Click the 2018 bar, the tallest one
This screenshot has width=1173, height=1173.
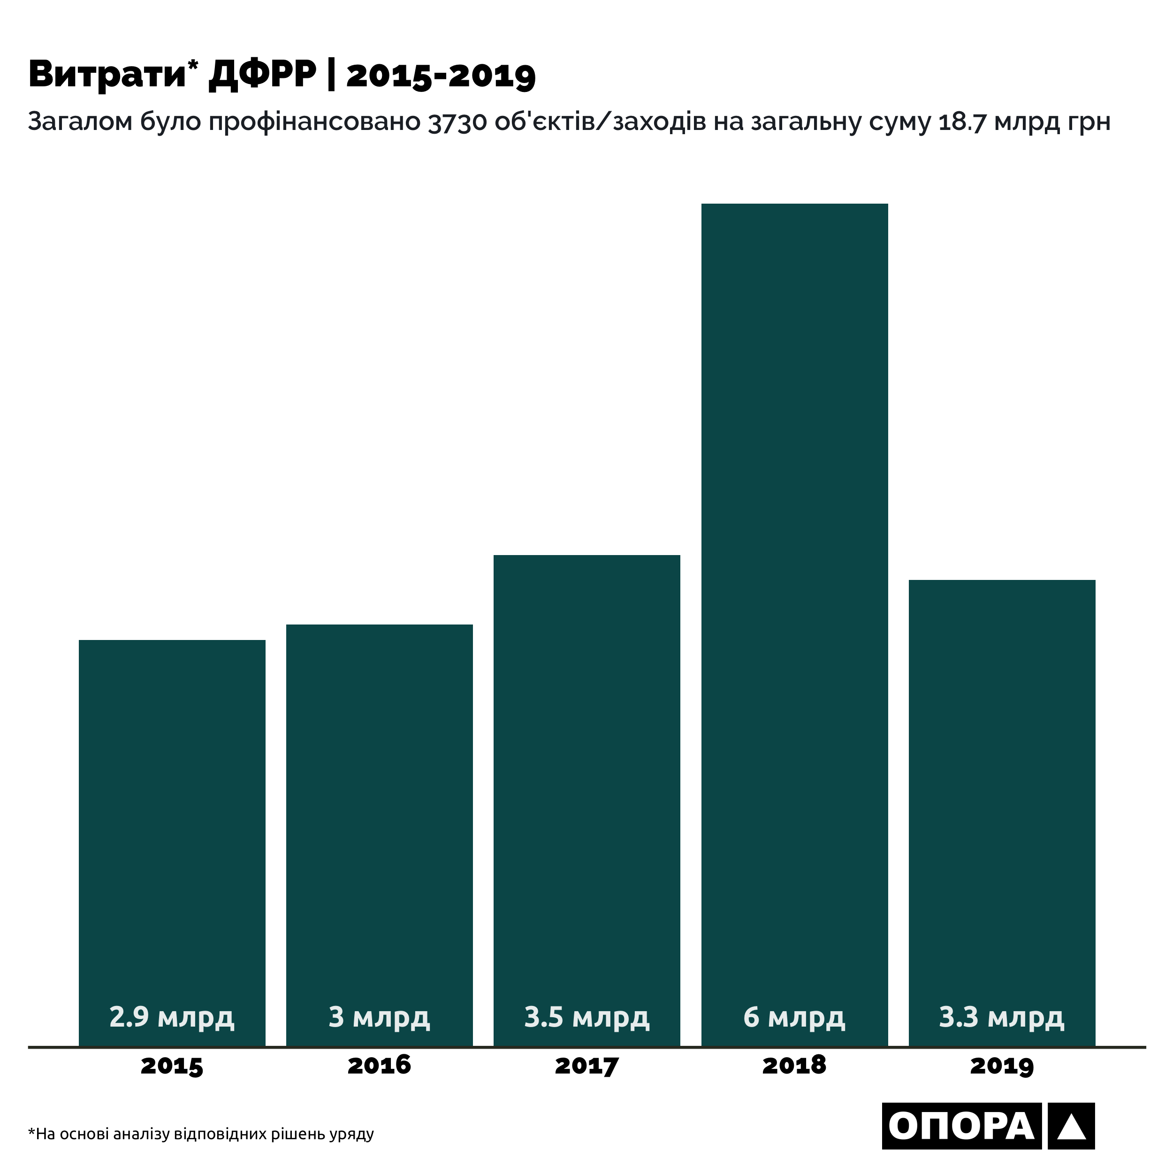pos(794,547)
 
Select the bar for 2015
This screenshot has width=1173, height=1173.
pos(172,789)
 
